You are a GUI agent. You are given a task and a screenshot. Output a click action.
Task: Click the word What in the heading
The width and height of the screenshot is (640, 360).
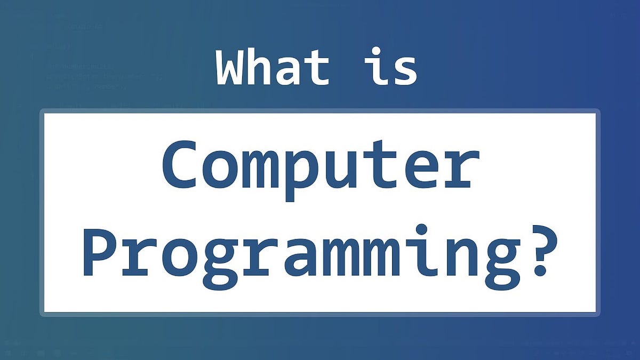[273, 68]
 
